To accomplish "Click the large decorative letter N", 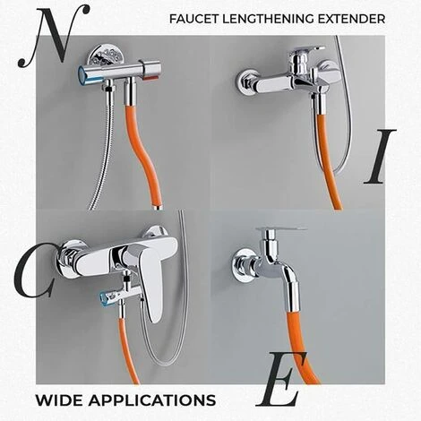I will click(56, 34).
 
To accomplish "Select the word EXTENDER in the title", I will click(356, 18).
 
